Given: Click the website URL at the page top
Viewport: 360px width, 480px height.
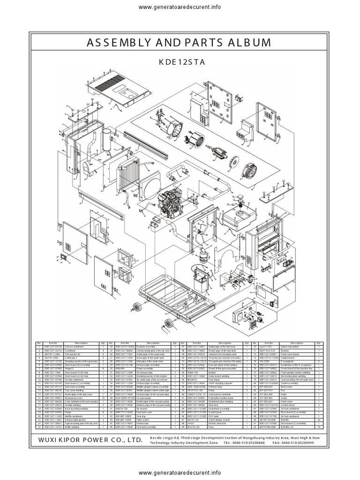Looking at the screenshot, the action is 180,7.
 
